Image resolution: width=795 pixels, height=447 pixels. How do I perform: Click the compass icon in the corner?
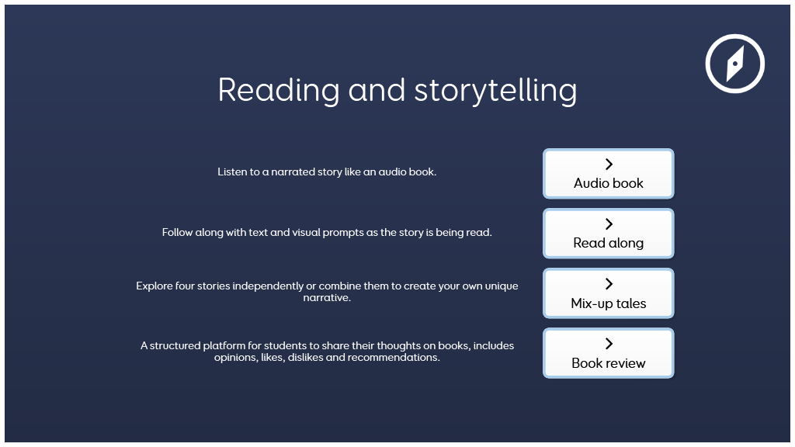734,64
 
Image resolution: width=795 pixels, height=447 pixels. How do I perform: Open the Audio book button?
609,173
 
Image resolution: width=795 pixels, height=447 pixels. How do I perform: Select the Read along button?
609,233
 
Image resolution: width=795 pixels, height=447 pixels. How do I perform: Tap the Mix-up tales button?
609,293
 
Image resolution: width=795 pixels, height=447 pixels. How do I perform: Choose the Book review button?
609,353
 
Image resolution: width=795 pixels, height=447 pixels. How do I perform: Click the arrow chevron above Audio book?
609,165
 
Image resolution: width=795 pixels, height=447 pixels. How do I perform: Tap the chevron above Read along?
609,224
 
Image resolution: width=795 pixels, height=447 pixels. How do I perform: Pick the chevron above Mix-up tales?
609,284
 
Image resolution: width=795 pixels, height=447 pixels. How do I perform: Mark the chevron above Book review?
609,344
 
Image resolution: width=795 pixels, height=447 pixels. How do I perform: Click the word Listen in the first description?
231,172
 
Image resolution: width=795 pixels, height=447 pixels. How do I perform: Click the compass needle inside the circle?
735,64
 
